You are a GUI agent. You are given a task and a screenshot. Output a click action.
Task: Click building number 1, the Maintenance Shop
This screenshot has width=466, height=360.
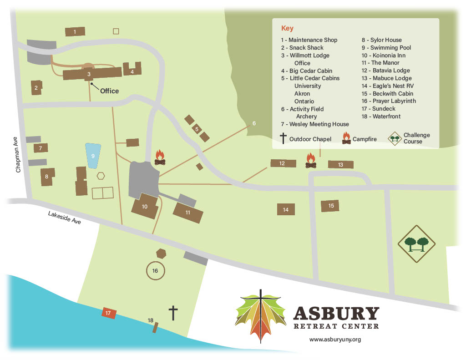(75, 31)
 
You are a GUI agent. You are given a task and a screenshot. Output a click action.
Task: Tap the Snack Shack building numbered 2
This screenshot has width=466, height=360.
(36, 87)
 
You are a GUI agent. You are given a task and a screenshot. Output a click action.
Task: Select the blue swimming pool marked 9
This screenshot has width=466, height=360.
(93, 155)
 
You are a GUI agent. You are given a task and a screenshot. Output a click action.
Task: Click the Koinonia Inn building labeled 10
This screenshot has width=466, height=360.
(145, 206)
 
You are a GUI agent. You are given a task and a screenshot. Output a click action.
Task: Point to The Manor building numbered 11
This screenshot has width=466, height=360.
(187, 212)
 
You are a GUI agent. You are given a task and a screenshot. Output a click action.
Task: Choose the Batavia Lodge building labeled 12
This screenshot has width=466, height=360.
(282, 163)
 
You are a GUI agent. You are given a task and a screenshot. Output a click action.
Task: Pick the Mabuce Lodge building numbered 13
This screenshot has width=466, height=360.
(340, 165)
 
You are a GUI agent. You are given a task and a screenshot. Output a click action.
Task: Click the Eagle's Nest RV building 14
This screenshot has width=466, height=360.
(286, 209)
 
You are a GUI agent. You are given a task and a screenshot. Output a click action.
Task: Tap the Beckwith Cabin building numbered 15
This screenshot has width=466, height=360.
(330, 206)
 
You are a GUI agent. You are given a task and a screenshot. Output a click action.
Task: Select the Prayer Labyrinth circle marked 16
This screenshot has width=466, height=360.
(155, 271)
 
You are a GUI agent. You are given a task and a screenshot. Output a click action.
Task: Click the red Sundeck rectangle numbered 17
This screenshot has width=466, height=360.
(108, 313)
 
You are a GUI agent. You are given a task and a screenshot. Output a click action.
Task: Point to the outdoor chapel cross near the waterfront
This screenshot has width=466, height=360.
(173, 313)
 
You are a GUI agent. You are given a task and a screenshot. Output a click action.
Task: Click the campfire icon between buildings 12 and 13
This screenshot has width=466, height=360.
(311, 161)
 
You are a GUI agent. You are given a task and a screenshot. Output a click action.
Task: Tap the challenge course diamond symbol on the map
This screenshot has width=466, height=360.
(416, 244)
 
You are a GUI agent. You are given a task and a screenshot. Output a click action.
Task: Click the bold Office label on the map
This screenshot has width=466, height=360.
(109, 91)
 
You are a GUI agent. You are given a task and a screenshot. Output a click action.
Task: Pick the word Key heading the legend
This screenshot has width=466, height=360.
(287, 28)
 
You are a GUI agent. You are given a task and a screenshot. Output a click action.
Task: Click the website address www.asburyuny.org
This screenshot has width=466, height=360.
(335, 340)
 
